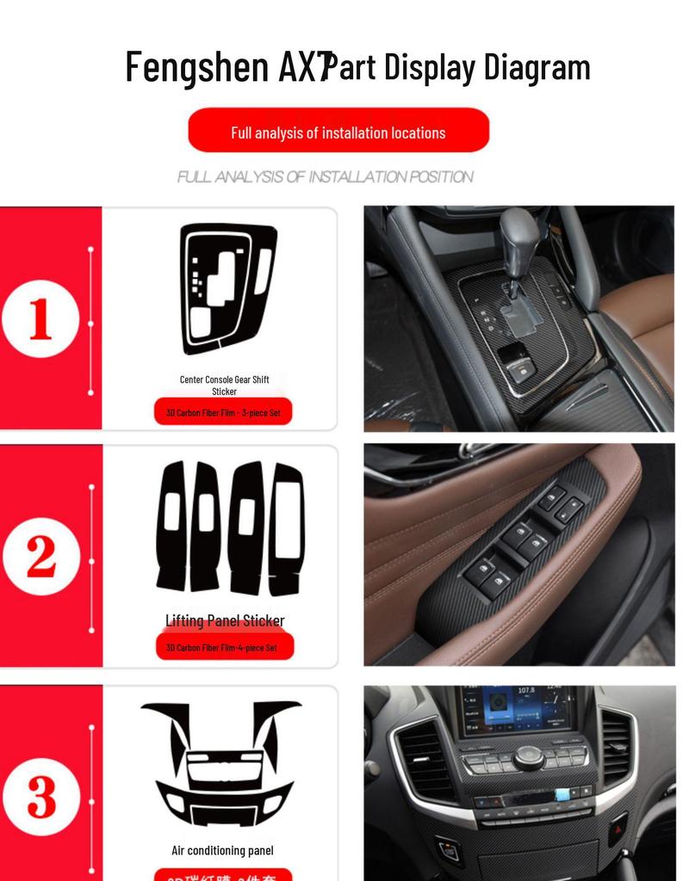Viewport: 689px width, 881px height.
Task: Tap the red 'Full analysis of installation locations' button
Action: (x=338, y=132)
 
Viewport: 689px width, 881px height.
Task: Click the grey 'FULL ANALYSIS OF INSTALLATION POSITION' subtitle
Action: (x=325, y=177)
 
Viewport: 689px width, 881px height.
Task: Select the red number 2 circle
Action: (x=40, y=558)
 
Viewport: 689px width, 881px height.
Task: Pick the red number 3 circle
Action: (x=40, y=798)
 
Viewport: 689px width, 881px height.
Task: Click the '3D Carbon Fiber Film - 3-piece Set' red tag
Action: (x=224, y=412)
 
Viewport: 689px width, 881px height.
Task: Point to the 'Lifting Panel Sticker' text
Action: (x=225, y=620)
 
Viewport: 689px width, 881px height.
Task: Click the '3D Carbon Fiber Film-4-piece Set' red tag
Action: (x=222, y=647)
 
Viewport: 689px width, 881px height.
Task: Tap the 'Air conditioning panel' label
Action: (x=222, y=850)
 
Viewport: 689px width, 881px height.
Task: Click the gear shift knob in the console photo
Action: (x=518, y=232)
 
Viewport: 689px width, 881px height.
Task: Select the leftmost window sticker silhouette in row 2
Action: (x=171, y=525)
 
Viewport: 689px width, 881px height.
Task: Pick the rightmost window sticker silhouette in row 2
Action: (x=286, y=528)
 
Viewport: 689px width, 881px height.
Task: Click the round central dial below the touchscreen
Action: (x=529, y=757)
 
